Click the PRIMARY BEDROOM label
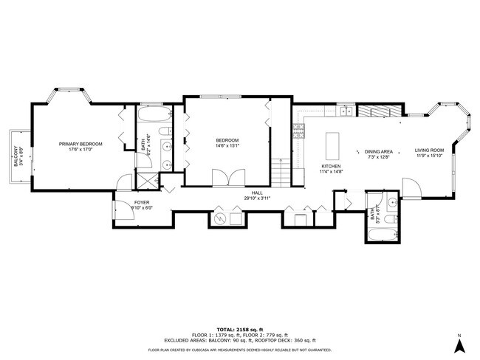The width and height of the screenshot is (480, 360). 80,143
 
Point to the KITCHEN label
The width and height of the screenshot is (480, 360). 330,167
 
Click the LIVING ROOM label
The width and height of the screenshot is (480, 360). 428,150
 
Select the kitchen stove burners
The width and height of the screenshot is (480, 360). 299,131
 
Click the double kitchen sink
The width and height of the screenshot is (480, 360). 344,111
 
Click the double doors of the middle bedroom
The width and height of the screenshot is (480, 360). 222,177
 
